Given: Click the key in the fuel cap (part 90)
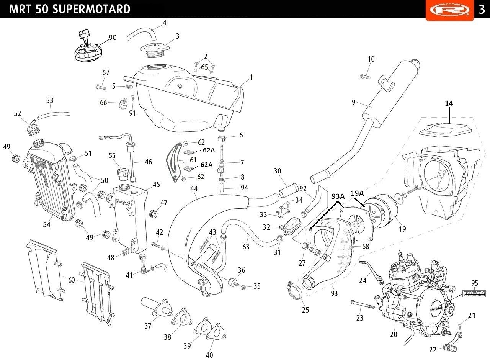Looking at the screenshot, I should [85, 37].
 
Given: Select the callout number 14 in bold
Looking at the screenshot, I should [449, 103].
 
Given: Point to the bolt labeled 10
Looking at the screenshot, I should [365, 76].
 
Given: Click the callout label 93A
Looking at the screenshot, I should [338, 196].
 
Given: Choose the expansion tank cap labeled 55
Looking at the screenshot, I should [123, 173].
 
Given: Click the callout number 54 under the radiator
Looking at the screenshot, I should [46, 225].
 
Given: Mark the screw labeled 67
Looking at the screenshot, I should [100, 87].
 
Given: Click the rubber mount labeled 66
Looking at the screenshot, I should [123, 104].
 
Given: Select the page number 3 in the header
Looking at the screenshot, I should [482, 9].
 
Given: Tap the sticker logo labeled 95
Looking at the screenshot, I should [474, 294].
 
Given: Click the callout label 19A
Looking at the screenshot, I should [357, 193].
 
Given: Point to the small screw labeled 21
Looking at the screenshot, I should [460, 326].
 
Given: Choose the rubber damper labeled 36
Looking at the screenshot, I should [232, 283].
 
